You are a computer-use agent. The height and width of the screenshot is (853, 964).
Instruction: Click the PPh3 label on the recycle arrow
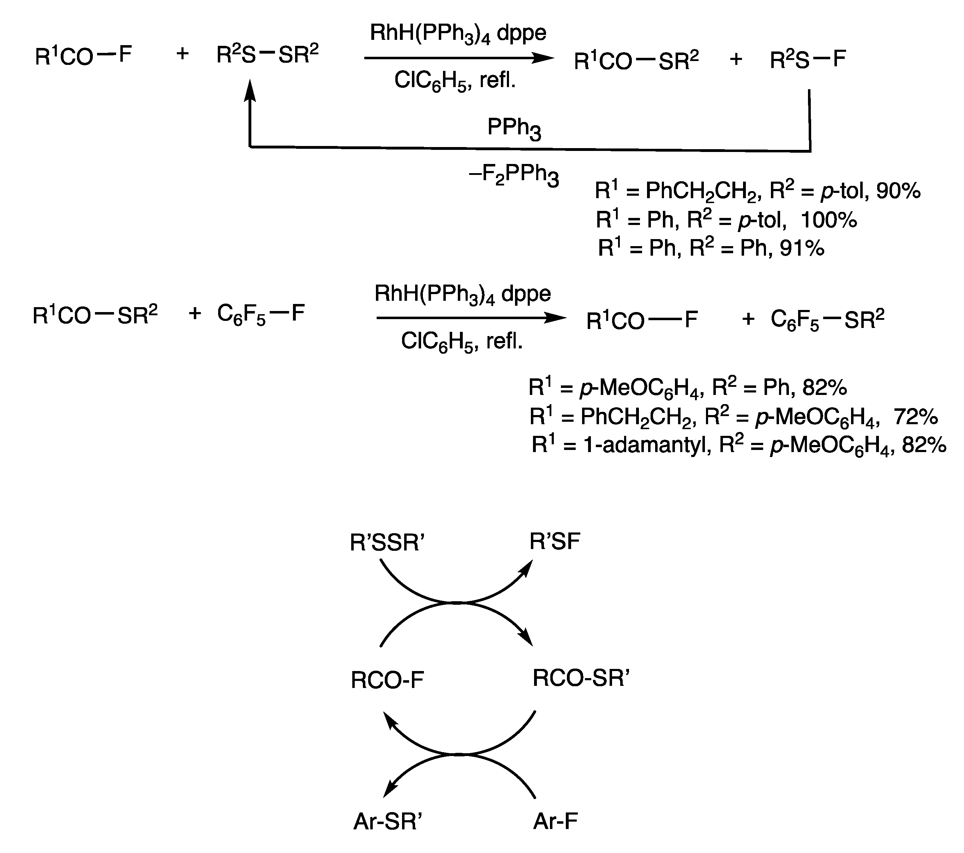coord(514,128)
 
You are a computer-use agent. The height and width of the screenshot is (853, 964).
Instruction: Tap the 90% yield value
coord(898,191)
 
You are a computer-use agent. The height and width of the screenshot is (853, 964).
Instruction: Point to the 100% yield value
coord(829,220)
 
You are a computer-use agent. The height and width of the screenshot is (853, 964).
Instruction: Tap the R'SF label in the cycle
coord(555,542)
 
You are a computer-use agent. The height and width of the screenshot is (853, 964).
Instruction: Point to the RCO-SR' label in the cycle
coord(581,679)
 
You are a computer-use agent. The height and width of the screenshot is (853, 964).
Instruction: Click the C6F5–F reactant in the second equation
coord(261,314)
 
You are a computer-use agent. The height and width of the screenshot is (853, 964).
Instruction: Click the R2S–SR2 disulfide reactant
coord(268,54)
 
